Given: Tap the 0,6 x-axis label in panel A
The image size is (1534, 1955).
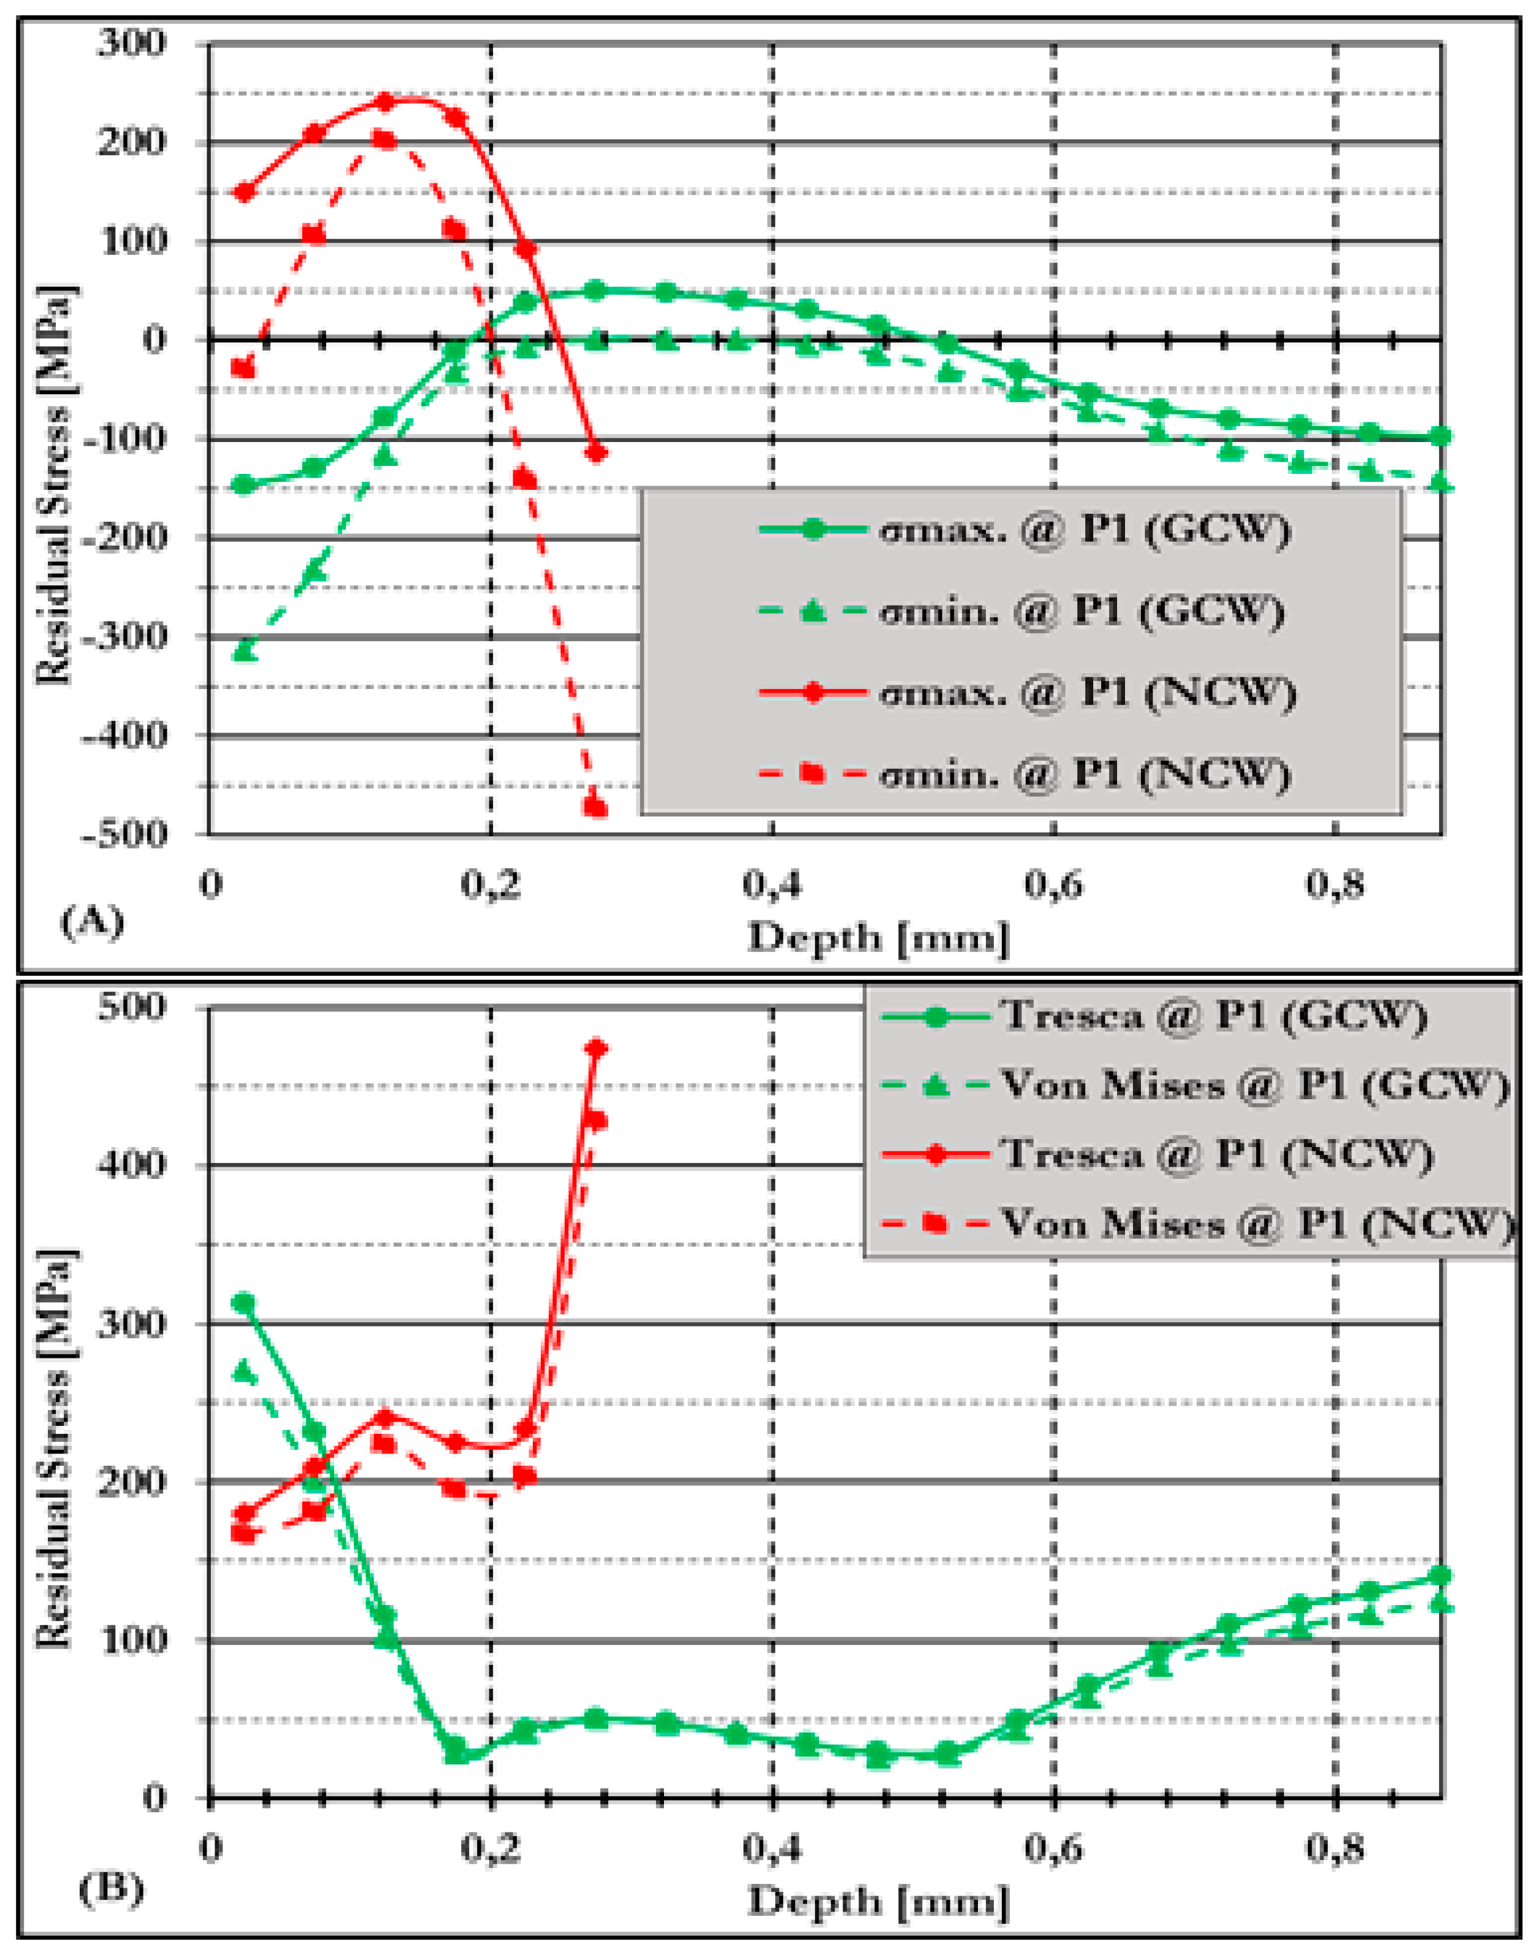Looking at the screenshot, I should [1053, 885].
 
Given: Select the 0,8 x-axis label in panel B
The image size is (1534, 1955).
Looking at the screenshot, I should [1335, 1850].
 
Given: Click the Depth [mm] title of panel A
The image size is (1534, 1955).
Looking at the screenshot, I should [879, 939].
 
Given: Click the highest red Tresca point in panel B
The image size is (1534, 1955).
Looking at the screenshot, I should [595, 1048].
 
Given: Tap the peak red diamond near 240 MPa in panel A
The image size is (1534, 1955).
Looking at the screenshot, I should [384, 102].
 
